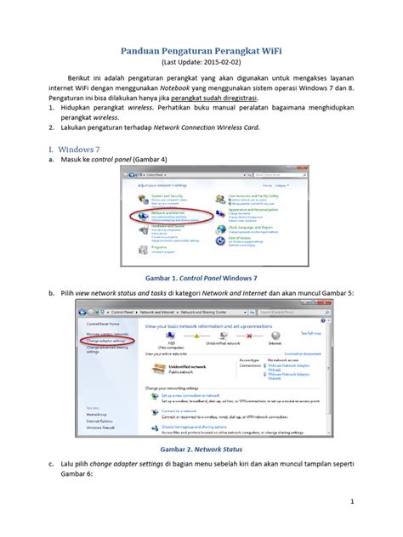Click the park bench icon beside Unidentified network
click(157, 368)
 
